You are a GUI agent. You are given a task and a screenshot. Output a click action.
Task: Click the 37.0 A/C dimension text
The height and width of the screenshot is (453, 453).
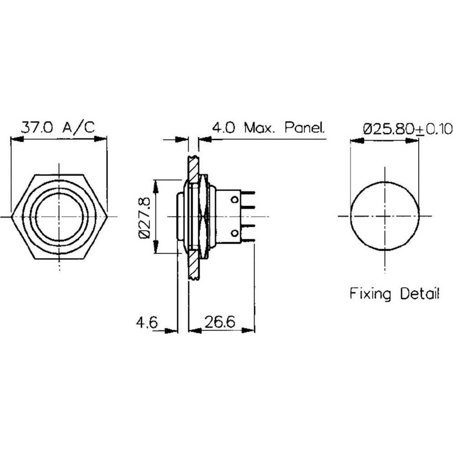[59, 127]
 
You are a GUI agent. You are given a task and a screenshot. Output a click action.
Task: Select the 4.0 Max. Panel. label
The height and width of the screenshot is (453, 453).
[268, 128]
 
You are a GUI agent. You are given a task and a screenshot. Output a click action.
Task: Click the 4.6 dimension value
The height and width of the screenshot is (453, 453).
[146, 322]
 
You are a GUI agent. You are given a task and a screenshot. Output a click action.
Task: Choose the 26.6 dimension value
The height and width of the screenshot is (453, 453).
[220, 322]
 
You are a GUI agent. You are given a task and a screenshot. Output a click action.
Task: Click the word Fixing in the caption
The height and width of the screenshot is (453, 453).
[370, 294]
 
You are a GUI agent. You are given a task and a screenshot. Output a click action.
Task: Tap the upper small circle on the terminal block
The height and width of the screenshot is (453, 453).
[235, 199]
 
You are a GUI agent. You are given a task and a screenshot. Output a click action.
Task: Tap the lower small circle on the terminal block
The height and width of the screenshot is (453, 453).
[235, 233]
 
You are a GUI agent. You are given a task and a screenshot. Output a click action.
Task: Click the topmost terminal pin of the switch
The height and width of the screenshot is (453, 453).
[248, 193]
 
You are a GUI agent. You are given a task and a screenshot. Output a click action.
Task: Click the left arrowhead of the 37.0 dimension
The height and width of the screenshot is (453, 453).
[17, 139]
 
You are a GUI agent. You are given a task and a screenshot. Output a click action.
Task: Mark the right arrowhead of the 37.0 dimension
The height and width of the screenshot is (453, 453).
[101, 139]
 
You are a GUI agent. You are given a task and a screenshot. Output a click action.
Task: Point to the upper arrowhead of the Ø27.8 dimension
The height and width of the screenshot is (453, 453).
[156, 186]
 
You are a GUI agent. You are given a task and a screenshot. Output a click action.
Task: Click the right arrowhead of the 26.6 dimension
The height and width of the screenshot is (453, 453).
[249, 330]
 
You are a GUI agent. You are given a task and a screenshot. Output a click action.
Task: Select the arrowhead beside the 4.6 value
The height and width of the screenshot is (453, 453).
[171, 330]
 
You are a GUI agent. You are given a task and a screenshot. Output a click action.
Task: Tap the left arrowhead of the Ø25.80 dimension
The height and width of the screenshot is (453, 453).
[357, 141]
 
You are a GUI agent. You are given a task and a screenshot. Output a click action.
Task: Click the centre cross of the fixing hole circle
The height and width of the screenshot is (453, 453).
[385, 216]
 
